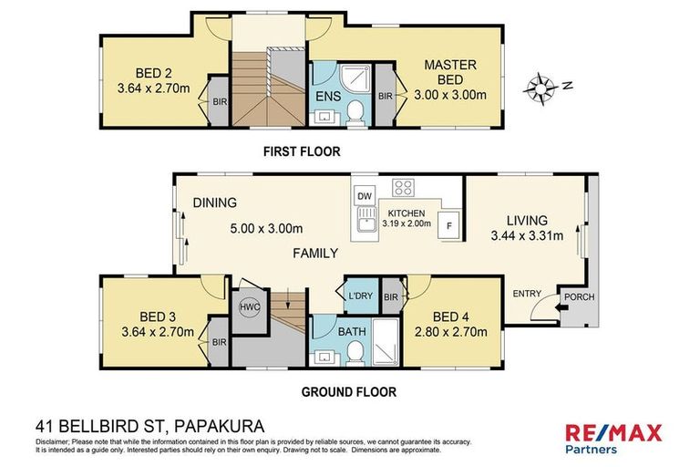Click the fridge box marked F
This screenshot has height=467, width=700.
448,224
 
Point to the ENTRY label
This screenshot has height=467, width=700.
526,294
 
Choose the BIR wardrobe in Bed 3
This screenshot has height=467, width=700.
219,342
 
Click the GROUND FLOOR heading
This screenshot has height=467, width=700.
349,393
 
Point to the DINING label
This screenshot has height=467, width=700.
214,202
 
